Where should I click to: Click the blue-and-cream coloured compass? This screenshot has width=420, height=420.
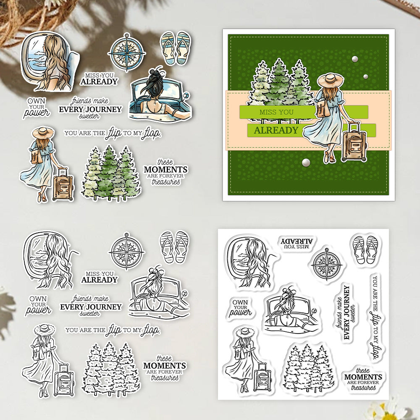pyautogui.click(x=127, y=52)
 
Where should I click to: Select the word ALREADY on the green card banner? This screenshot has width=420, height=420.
pyautogui.click(x=276, y=130)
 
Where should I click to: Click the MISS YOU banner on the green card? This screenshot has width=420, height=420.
pyautogui.click(x=276, y=112)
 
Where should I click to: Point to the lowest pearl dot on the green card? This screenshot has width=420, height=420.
pyautogui.click(x=306, y=162)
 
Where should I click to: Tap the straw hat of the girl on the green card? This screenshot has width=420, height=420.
pyautogui.click(x=331, y=79)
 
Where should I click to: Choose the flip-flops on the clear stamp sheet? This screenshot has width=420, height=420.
pyautogui.click(x=365, y=249)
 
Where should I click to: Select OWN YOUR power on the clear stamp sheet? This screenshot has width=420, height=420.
pyautogui.click(x=240, y=308)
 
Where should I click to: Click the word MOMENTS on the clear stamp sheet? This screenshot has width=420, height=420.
pyautogui.click(x=363, y=377)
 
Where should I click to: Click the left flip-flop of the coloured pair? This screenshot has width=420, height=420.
pyautogui.click(x=168, y=48)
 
